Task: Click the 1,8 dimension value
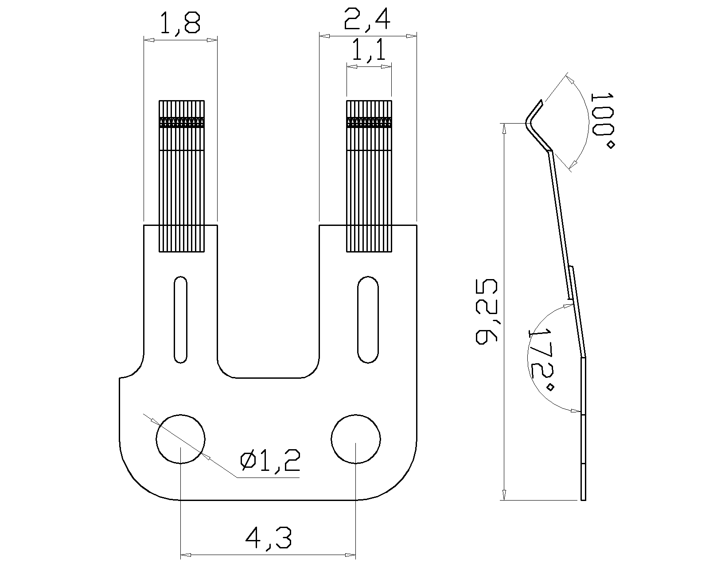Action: pos(180,24)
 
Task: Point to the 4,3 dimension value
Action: pos(269,538)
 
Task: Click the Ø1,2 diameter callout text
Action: pos(270,462)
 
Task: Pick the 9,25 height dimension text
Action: pos(487,311)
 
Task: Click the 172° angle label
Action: pos(541,359)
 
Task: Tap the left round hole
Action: pos(180,439)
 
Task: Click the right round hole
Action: pos(355,439)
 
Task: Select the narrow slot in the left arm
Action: pos(180,319)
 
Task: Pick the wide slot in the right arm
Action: pos(368,319)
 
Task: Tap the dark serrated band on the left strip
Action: pos(182,122)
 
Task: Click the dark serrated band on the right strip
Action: pos(369,122)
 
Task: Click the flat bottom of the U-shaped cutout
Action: pos(268,378)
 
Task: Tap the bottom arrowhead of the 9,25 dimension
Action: pos(504,495)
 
